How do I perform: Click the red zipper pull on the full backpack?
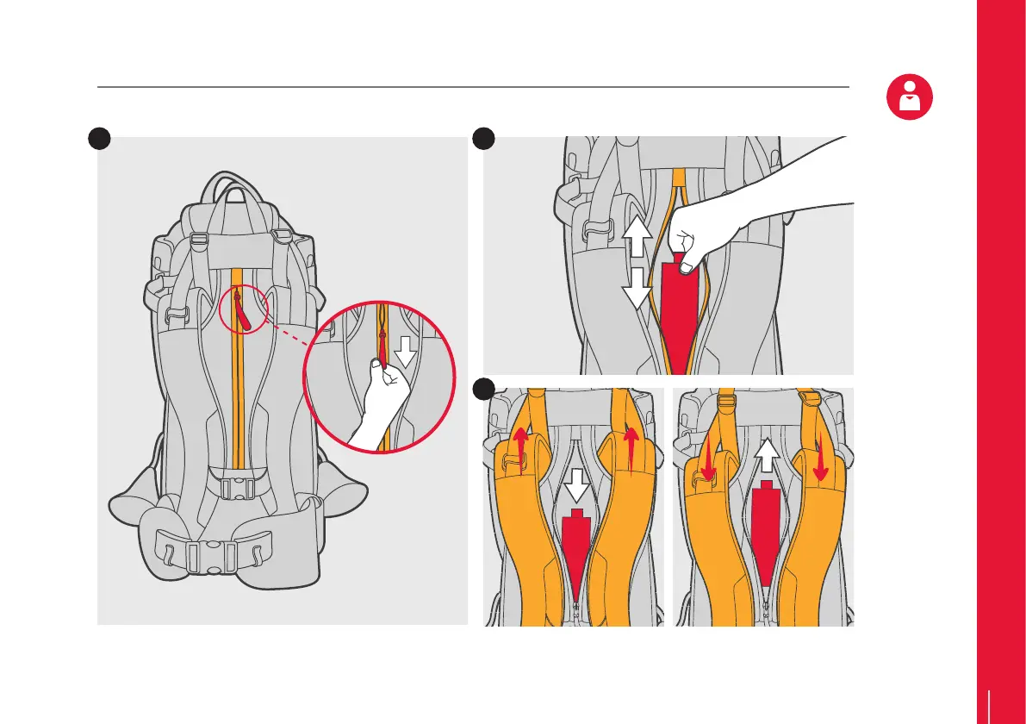245,313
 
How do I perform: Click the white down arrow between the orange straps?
576,490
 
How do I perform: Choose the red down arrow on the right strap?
820,457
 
